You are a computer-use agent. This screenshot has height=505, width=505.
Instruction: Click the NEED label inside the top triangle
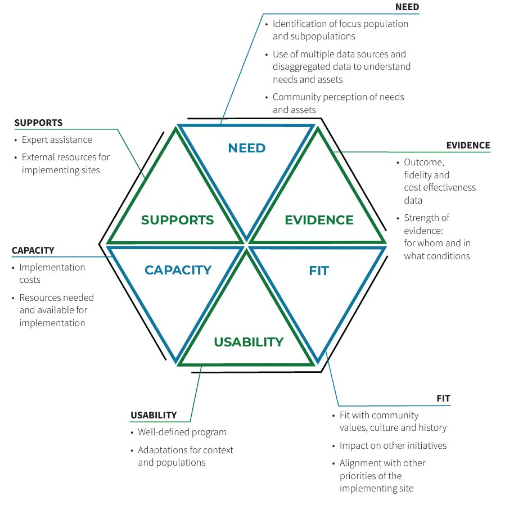246,148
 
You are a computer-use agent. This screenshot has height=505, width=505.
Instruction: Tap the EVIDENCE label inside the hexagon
319,220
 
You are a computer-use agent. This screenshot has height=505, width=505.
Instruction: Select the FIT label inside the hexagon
318,271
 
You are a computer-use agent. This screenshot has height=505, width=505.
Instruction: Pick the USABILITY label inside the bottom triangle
249,342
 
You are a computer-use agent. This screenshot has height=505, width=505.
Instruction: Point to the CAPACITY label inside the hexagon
178,270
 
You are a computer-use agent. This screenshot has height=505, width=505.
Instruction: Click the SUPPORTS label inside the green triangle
177,220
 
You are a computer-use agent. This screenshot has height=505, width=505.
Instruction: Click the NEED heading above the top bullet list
407,7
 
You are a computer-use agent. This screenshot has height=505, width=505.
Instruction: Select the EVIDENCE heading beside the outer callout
468,145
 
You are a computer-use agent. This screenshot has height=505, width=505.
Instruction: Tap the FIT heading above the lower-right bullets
443,399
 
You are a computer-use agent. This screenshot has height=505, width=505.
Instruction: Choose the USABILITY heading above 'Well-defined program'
154,416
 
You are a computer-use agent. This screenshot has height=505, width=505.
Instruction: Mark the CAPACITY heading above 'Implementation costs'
33,250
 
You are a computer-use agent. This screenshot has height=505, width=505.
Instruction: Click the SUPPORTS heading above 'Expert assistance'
38,123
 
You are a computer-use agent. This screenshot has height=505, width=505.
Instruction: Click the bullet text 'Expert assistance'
57,140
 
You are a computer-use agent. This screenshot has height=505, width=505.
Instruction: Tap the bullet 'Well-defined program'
182,432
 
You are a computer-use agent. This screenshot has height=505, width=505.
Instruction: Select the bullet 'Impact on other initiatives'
393,446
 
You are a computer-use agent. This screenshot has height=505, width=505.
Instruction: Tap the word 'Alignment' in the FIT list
360,463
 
